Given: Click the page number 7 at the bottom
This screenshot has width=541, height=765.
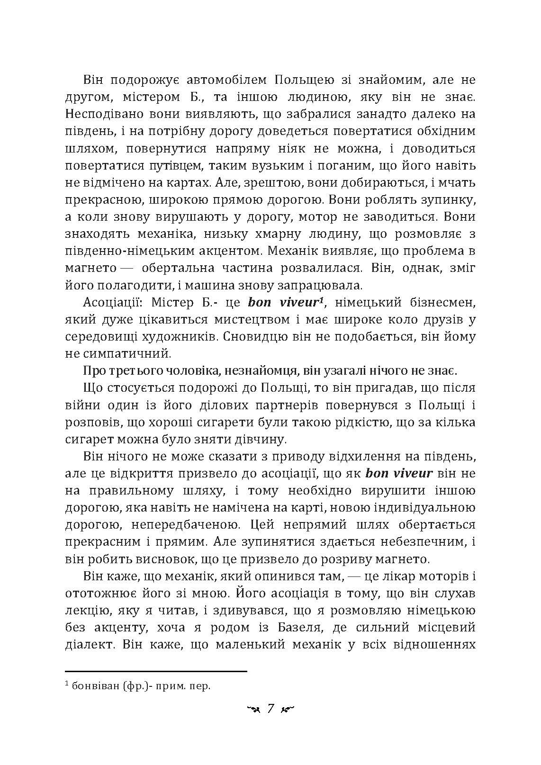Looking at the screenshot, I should pos(270,709).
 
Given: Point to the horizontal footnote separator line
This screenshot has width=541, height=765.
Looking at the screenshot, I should pos(156,671).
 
